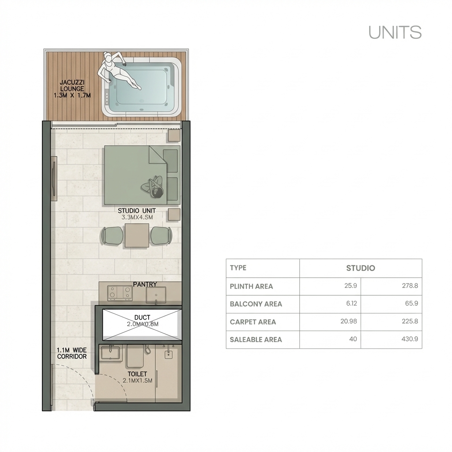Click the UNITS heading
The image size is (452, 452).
pyautogui.click(x=395, y=33)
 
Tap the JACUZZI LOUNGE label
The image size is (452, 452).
pyautogui.click(x=72, y=89)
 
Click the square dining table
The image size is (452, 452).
pyautogui.click(x=137, y=235)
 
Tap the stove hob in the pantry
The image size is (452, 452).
pyautogui.click(x=120, y=292)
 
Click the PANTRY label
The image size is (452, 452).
pyautogui.click(x=145, y=284)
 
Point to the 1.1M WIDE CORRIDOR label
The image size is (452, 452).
pyautogui.click(x=72, y=353)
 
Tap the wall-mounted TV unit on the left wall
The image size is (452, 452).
pyautogui.click(x=54, y=178)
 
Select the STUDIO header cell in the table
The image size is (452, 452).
pyautogui.click(x=360, y=268)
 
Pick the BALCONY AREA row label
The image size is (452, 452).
pyautogui.click(x=256, y=304)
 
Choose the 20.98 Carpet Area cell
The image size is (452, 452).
pyautogui.click(x=348, y=321)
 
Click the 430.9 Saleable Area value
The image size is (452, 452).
pyautogui.click(x=409, y=339)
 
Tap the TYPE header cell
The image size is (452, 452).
pyautogui.click(x=238, y=268)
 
